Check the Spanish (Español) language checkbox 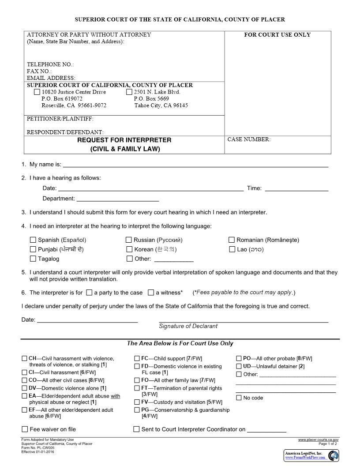[x=33, y=240]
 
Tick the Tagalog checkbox [x=33, y=259]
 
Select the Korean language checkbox [x=129, y=249]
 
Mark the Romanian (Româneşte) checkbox [x=232, y=240]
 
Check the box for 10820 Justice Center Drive [x=37, y=92]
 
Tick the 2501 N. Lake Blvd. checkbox [x=129, y=92]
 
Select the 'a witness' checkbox [x=151, y=292]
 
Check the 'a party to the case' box [x=89, y=292]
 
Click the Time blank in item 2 [x=296, y=189]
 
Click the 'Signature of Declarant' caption [x=188, y=326]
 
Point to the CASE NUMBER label [x=249, y=139]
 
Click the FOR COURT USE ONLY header [x=277, y=35]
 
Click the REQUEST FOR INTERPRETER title [x=124, y=140]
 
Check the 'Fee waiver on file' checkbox [x=25, y=429]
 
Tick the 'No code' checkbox [x=239, y=398]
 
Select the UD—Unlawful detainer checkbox [x=239, y=366]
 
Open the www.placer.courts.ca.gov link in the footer [x=318, y=440]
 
